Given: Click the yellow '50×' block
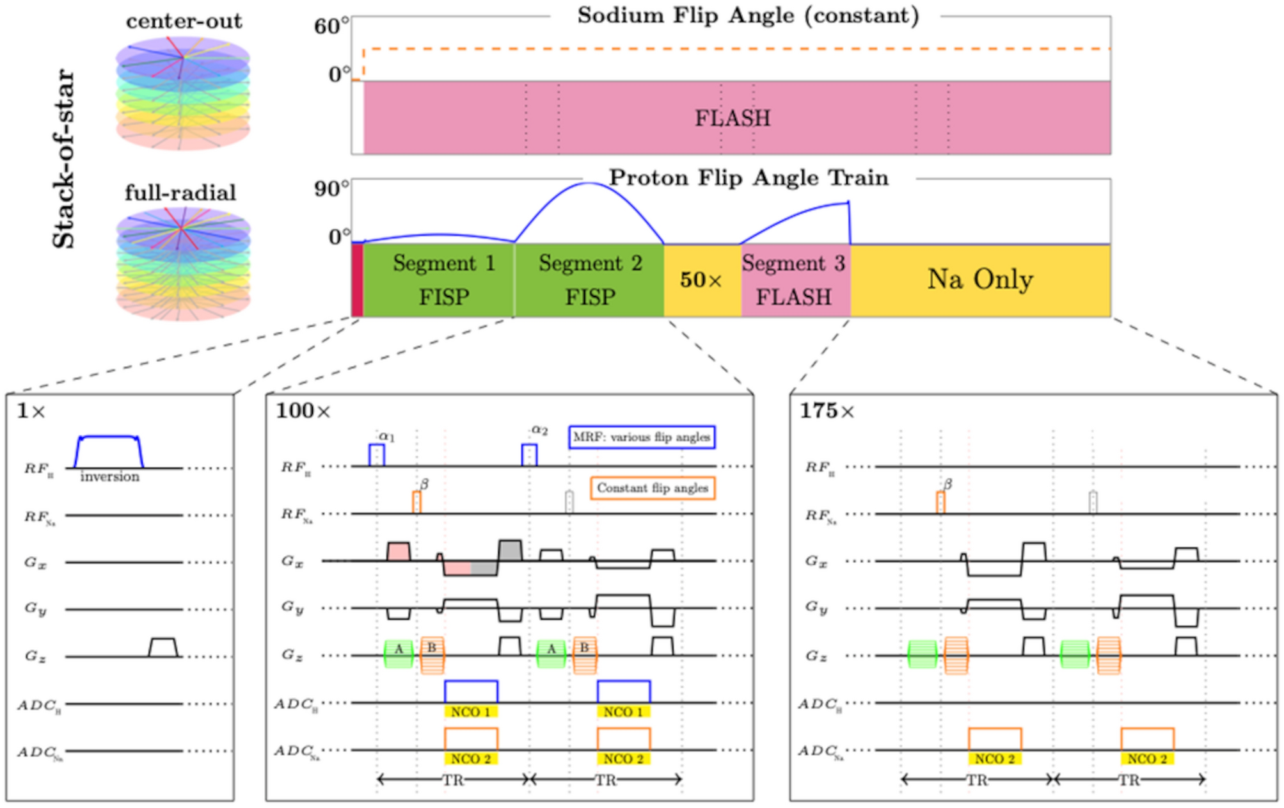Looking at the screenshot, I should pos(701,280).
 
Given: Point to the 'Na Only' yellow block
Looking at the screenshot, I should pos(980,280).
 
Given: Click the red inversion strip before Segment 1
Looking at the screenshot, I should pos(357,280).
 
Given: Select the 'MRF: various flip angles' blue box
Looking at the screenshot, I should pos(642,437).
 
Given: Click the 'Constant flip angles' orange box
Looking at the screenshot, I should pos(652,489).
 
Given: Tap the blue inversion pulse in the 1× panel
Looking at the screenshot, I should pos(109,451).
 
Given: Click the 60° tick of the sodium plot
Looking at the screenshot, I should pos(331,27).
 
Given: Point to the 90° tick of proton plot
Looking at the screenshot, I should pos(331,190).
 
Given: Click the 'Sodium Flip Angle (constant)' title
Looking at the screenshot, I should pos(747,15).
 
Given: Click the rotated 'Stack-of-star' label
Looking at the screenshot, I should pos(63,159).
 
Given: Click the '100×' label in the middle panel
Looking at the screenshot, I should pos(303,411).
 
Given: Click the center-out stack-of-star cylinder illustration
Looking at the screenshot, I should pos(183,93).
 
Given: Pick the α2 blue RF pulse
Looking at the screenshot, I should pos(529,455).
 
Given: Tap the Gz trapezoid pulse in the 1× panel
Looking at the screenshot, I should pos(162,647).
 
